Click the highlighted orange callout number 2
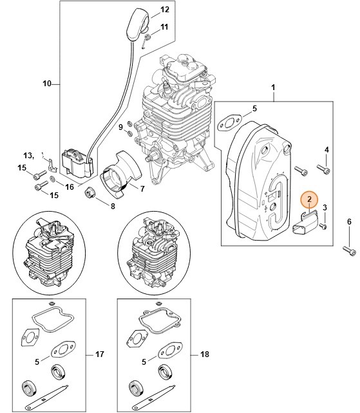pyautogui.click(x=310, y=200)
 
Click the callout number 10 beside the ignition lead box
pyautogui.click(x=47, y=84)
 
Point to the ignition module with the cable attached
pyautogui.click(x=76, y=163)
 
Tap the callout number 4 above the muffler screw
pyautogui.click(x=327, y=150)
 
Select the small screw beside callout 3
pyautogui.click(x=323, y=226)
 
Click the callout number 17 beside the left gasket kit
pyautogui.click(x=99, y=354)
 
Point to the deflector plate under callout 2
pyautogui.click(x=304, y=225)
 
